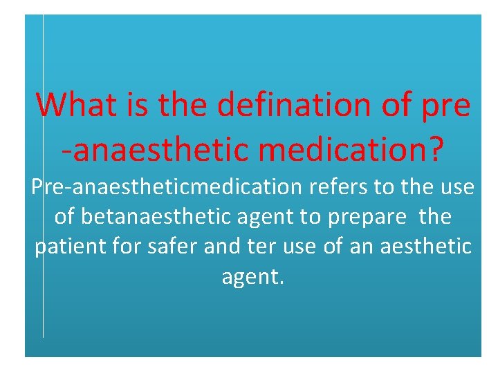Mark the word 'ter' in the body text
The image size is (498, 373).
pyautogui.click(x=256, y=247)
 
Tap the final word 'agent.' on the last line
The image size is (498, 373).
pyautogui.click(x=253, y=277)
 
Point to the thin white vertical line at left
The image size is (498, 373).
pyautogui.click(x=43, y=207)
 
